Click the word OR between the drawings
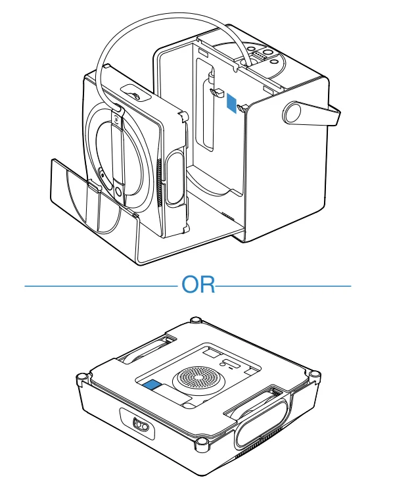(x=198, y=284)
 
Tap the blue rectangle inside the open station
(x=232, y=103)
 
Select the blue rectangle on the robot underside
(x=152, y=385)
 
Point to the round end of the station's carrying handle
(x=292, y=113)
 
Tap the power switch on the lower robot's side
(x=141, y=425)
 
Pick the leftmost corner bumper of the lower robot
(x=81, y=377)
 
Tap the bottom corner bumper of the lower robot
(x=202, y=443)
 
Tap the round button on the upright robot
(x=118, y=193)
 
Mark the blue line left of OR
(x=101, y=286)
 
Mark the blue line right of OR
(x=283, y=286)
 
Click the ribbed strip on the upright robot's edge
(x=158, y=183)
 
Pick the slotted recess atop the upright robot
(x=136, y=93)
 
